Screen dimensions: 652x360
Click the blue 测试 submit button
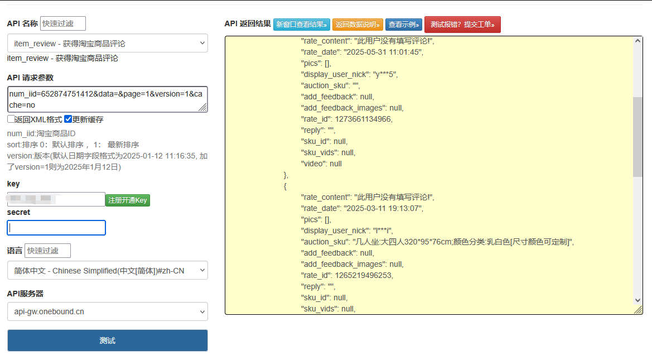pyautogui.click(x=107, y=340)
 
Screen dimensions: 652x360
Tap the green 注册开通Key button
pyautogui.click(x=128, y=200)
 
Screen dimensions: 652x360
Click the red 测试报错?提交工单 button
pyautogui.click(x=462, y=25)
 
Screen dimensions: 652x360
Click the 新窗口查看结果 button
pyautogui.click(x=302, y=25)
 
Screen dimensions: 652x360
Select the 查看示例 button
pyautogui.click(x=403, y=25)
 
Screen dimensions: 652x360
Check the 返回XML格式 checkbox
pyautogui.click(x=11, y=119)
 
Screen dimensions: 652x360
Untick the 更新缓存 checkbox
pyautogui.click(x=68, y=119)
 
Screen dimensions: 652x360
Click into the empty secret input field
pyautogui.click(x=56, y=228)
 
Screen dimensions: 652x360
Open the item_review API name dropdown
pyautogui.click(x=107, y=44)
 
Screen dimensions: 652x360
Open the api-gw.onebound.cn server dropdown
pyautogui.click(x=107, y=311)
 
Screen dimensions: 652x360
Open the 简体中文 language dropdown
pyautogui.click(x=107, y=271)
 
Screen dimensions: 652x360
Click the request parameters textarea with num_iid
pyautogui.click(x=107, y=99)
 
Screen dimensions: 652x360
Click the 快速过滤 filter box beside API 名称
pyautogui.click(x=63, y=23)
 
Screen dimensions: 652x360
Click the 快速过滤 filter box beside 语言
pyautogui.click(x=47, y=251)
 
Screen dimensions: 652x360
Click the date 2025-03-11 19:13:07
pyautogui.click(x=382, y=208)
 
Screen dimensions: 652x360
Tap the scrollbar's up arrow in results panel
pyautogui.click(x=637, y=41)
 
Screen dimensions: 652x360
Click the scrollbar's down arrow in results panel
pyautogui.click(x=637, y=300)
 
